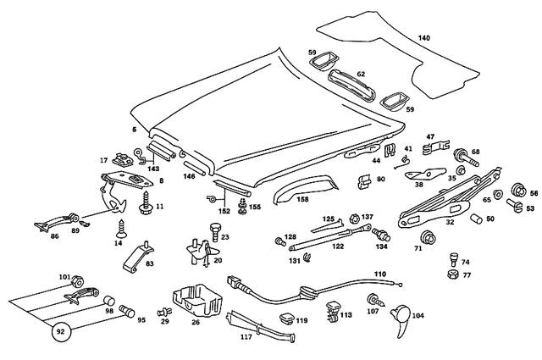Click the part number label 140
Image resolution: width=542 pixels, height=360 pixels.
click(423, 37)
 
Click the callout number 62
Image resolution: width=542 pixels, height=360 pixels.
click(361, 74)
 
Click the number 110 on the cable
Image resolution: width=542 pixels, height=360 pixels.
click(379, 274)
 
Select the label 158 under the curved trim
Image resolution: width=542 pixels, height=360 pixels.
click(302, 200)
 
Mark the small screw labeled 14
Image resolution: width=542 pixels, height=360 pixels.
click(120, 226)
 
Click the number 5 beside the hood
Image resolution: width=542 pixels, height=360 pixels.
click(133, 129)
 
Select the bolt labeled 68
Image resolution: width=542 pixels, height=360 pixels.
click(467, 157)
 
